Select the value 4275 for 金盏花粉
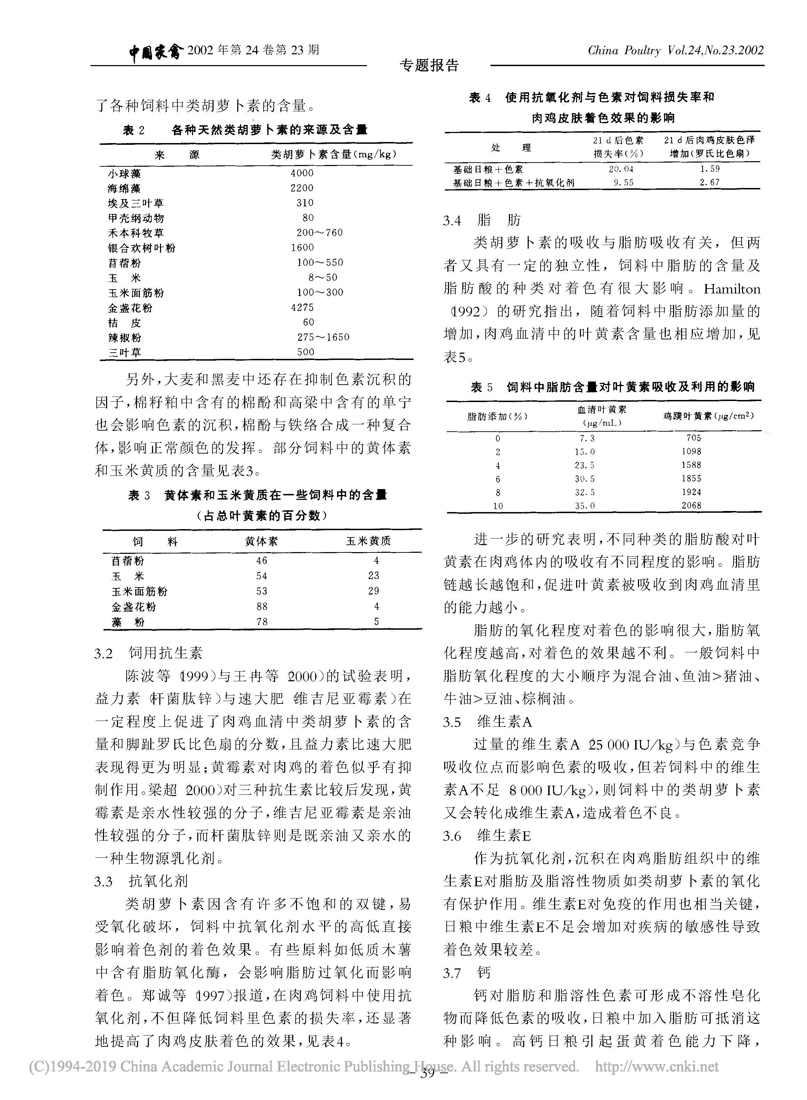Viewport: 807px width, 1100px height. [302, 307]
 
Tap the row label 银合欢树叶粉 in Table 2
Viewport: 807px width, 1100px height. [141, 248]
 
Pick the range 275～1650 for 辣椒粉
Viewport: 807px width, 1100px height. [323, 337]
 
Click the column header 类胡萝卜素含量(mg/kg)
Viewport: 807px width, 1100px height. [334, 155]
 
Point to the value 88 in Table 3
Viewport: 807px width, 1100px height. [262, 606]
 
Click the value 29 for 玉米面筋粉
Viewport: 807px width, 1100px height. [374, 591]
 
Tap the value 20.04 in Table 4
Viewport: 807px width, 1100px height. [621, 169]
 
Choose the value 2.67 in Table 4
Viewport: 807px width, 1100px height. [709, 182]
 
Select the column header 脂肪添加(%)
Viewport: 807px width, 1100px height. [497, 417]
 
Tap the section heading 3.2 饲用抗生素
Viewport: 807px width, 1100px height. [148, 653]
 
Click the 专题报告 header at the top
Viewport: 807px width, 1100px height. [429, 65]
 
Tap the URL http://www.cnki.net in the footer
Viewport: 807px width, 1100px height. [656, 1066]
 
